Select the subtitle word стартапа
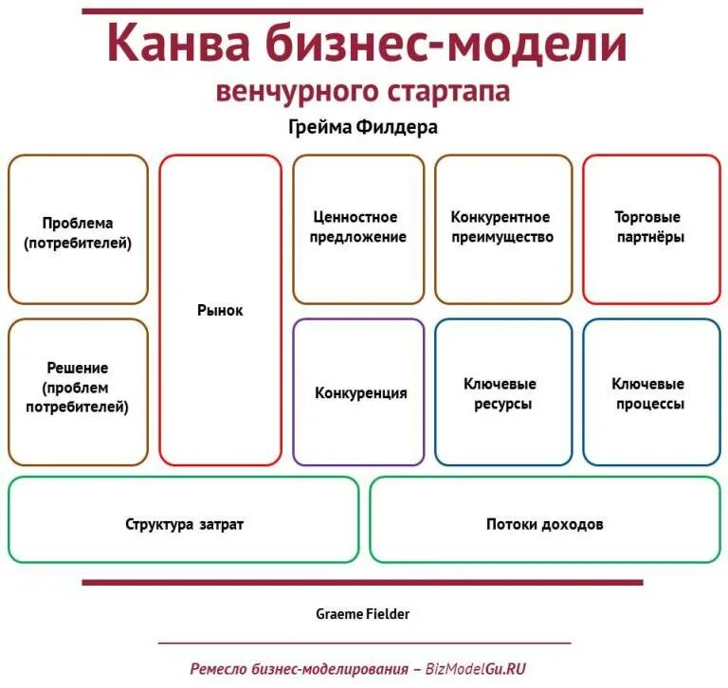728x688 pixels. pos(447,91)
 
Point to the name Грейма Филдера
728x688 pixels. pos(362,126)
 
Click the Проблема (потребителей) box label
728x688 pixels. pos(78,233)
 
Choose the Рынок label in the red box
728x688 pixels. pos(220,311)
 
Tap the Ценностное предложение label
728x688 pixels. pos(358,227)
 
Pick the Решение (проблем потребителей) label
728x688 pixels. pos(78,388)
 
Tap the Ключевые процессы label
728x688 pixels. pos(648,394)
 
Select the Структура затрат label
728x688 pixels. pos(184,524)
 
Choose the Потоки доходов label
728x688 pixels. pos(545,524)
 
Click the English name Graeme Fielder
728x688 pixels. pos(363,614)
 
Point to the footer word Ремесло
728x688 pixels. pos(221,668)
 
